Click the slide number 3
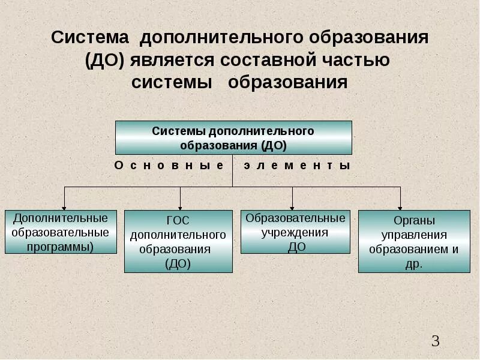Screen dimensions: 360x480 436,342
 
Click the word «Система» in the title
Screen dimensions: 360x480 90,38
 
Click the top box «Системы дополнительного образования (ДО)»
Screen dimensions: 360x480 233,138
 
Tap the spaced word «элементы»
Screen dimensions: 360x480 296,165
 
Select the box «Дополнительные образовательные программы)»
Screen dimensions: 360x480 61,232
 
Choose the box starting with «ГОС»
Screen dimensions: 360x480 178,241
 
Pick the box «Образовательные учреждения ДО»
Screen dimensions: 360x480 296,232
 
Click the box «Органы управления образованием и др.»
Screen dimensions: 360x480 413,241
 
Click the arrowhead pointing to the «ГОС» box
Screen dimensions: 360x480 180,206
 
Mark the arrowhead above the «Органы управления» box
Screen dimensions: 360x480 401,206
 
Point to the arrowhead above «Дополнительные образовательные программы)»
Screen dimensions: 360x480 65,206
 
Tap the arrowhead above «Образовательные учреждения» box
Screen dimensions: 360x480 292,206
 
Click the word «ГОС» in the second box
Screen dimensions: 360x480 178,220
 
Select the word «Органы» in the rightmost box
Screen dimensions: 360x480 413,220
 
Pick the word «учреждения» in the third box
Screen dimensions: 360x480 295,232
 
